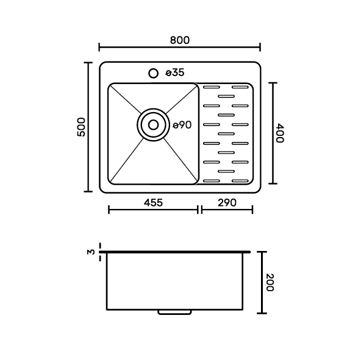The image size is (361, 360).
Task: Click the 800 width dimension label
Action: click(180, 40)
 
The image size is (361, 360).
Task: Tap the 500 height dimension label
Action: click(81, 127)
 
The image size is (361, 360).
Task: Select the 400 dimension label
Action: click(280, 133)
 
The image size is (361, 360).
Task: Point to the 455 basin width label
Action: click(153, 203)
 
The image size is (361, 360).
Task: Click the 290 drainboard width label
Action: click(227, 203)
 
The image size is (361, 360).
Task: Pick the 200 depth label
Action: click(270, 283)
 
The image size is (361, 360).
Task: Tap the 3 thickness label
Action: click(91, 252)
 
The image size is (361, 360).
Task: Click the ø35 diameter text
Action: click(175, 72)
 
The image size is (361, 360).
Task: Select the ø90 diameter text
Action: click(182, 125)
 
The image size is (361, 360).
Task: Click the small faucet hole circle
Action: click(153, 73)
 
